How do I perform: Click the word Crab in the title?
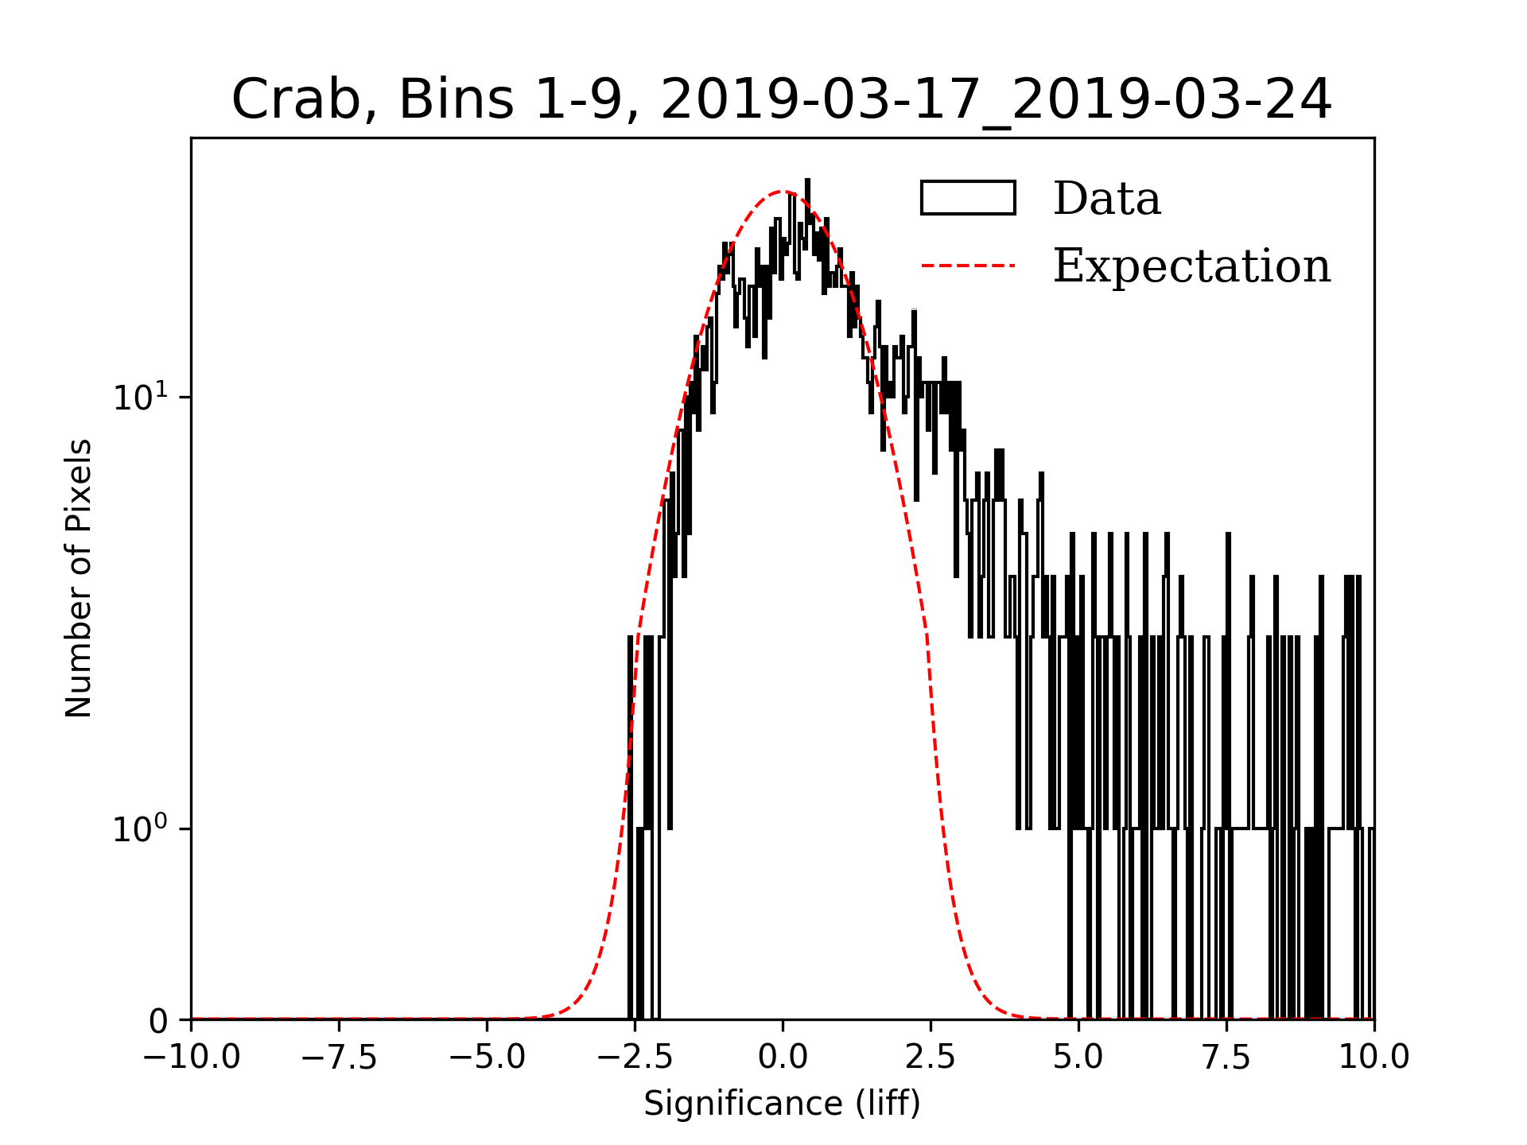[293, 100]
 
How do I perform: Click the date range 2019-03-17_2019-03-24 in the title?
[996, 100]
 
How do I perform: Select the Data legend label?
[1106, 199]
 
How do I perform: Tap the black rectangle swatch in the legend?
[968, 198]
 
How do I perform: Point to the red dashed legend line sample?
[968, 266]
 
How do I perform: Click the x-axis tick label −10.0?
[192, 1058]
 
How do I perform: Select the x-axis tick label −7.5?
[340, 1058]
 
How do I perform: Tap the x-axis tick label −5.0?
[488, 1058]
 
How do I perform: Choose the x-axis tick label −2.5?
[635, 1058]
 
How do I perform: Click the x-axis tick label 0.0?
[783, 1058]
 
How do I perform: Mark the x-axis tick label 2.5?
[931, 1058]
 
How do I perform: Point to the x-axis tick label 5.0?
[1078, 1058]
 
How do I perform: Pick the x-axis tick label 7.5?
[1226, 1058]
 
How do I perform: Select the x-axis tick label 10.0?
[1374, 1058]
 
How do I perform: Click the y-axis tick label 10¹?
[141, 397]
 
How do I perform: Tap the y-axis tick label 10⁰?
[141, 829]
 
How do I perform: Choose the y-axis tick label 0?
[158, 1022]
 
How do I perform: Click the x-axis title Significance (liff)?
[782, 1104]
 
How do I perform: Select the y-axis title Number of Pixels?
[79, 578]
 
